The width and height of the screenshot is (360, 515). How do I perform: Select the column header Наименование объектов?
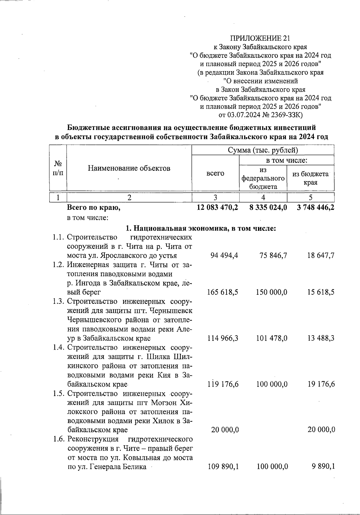click(129, 168)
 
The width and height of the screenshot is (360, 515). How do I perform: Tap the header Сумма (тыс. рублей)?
click(263, 150)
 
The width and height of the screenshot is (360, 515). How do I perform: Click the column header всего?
click(215, 173)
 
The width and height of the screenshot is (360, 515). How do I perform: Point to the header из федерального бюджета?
click(263, 178)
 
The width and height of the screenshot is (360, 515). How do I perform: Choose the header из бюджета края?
click(310, 178)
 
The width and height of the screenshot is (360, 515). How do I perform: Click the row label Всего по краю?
click(94, 207)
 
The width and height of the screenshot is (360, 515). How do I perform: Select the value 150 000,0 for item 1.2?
click(271, 292)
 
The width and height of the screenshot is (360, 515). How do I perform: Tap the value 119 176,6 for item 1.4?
click(223, 384)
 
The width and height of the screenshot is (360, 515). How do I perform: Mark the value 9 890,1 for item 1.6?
click(323, 466)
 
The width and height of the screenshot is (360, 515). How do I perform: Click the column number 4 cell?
click(263, 197)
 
